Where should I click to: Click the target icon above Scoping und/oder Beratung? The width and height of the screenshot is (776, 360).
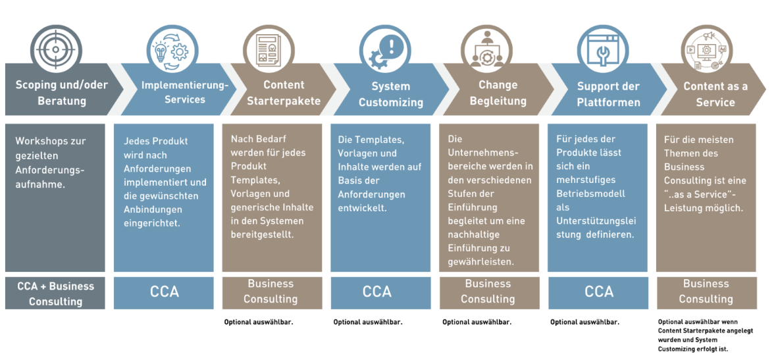click(x=55, y=47)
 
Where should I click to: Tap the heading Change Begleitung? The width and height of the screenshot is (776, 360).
click(x=498, y=93)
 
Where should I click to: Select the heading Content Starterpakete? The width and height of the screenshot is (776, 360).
click(x=284, y=93)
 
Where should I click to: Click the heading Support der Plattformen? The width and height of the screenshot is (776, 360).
click(x=608, y=94)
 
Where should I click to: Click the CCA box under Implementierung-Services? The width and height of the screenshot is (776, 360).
click(x=164, y=292)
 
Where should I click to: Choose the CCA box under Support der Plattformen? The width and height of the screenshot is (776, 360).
click(x=598, y=292)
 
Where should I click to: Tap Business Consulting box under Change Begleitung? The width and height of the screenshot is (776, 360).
click(x=488, y=292)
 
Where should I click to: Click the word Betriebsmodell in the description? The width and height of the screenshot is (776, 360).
click(x=590, y=194)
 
